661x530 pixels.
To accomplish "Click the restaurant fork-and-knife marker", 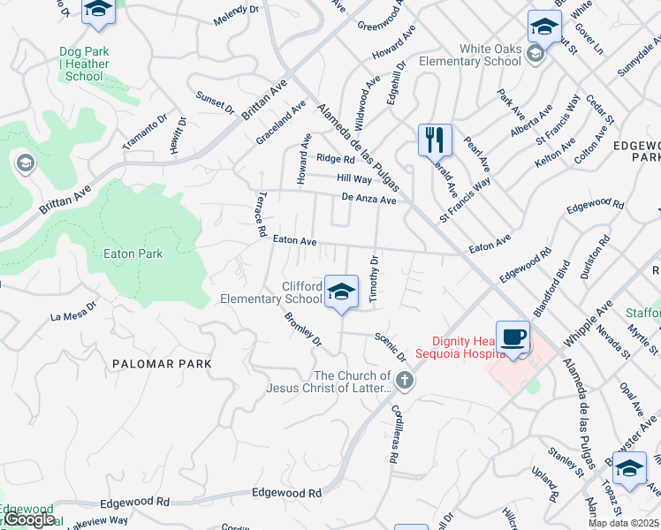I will pos(434,140).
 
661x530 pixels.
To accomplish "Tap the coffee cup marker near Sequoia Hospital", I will pos(513,337).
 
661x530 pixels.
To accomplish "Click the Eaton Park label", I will pos(133,254).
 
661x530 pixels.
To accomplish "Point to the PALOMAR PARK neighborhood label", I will pos(162,363).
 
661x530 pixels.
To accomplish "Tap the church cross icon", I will pos(405,382).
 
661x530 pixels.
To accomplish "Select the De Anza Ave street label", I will pos(369,200).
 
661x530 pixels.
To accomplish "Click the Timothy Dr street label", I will pos(373,279).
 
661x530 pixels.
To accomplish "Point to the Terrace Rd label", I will pos(262,216).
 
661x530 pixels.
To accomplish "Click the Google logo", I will pos(28,519).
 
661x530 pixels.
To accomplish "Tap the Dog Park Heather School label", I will pos(85,64).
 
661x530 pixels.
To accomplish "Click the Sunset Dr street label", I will pos(215,102).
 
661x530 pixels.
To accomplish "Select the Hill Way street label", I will pos(353,178).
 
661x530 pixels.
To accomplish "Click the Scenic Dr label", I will pos(389,346).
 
